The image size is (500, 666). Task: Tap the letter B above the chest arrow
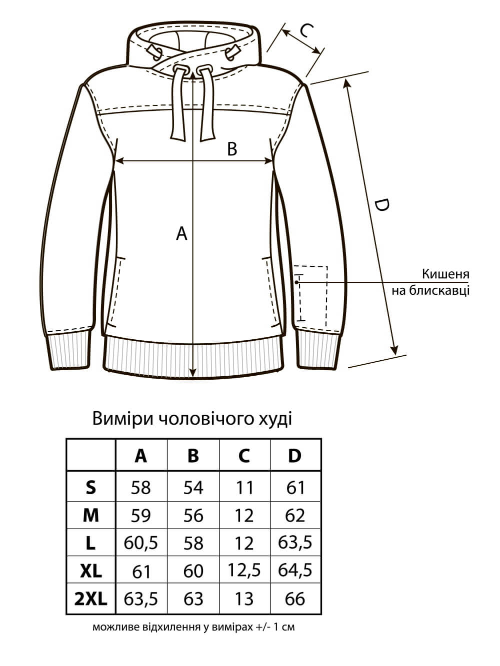coord(232,149)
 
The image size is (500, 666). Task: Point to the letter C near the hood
coord(306,30)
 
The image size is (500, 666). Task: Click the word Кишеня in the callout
coord(445,274)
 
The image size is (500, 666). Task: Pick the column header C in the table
coord(244,456)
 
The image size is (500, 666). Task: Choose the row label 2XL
coord(91,599)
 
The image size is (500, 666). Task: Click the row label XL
coord(91,572)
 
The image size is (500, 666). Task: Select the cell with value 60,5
coord(141,543)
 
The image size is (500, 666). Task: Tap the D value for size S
coord(295,488)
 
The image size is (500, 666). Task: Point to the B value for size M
coord(193,516)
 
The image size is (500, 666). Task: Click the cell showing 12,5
coord(244,571)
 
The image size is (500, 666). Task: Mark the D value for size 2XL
coord(295,599)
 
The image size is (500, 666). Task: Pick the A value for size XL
coord(141,572)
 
